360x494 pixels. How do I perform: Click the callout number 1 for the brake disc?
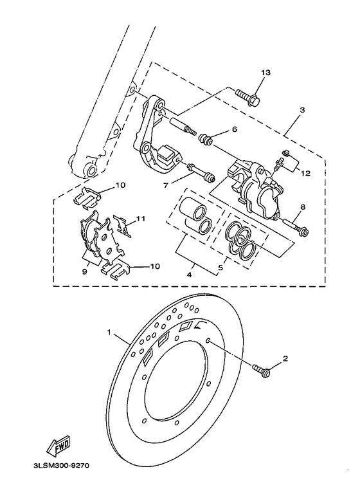[x=110, y=333]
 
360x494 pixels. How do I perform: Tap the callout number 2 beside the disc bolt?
[x=285, y=359]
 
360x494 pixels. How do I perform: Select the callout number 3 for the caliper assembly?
[x=283, y=110]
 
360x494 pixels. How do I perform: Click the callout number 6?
[x=235, y=129]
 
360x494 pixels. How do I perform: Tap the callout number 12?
[x=304, y=172]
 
